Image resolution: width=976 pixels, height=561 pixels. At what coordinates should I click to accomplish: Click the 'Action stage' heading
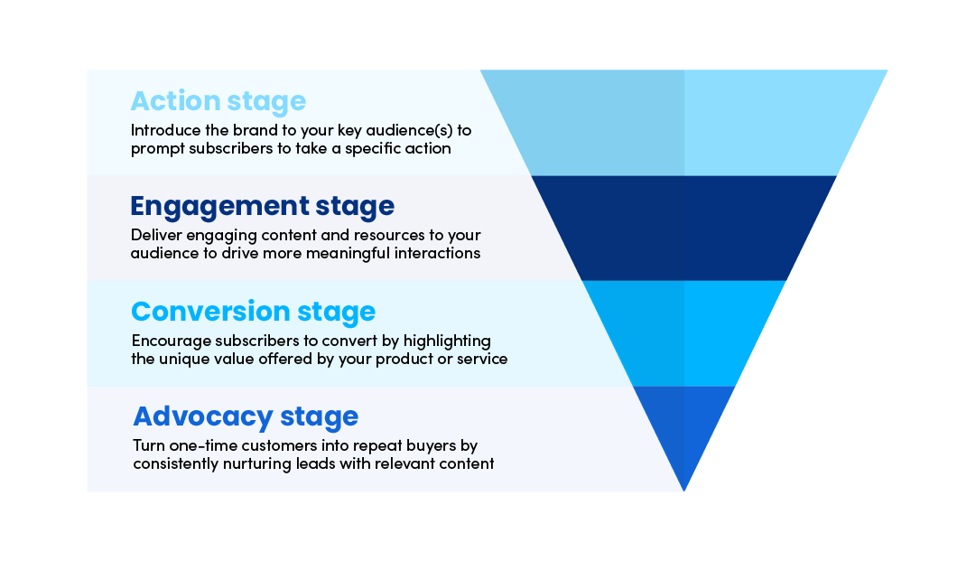coord(218,101)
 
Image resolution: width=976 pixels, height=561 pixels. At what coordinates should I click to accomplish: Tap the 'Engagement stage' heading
coord(262,207)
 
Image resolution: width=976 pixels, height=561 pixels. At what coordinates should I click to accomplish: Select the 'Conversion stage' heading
coord(254,312)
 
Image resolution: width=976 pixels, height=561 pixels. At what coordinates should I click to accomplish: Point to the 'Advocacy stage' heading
coord(246,416)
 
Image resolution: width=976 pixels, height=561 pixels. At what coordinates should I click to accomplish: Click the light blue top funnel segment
coord(683,123)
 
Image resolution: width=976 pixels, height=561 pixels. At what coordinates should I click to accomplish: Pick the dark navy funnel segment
coord(683,228)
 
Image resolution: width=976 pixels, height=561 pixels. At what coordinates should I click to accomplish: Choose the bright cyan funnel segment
coord(683,333)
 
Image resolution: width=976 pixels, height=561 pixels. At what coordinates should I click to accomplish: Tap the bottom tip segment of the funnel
coord(683,430)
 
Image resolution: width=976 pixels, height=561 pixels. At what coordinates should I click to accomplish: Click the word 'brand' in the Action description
coord(254,130)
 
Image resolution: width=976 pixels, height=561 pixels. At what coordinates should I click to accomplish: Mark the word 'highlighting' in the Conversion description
coord(447,341)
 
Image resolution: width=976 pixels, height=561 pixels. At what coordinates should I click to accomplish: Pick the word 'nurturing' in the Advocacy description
coord(256,463)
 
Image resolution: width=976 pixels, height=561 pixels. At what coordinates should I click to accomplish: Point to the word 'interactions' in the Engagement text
coord(437,254)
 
